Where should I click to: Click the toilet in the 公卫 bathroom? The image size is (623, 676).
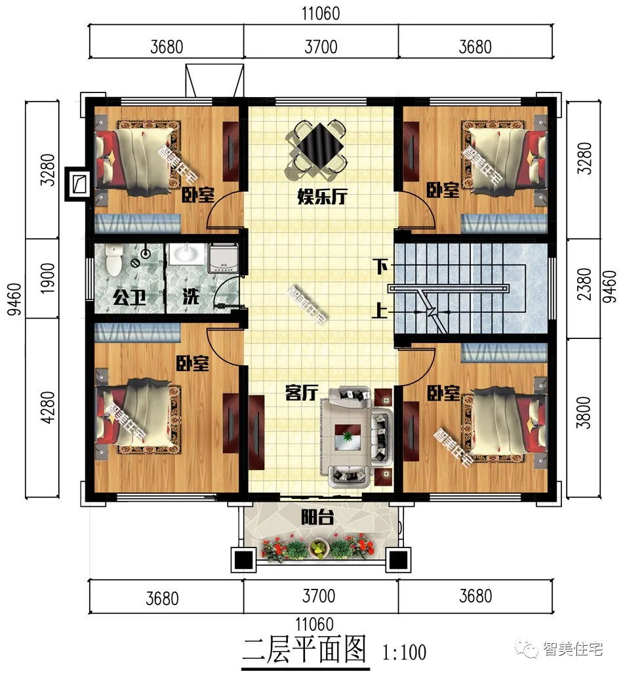tap(113, 260)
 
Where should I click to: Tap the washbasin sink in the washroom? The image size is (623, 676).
tap(186, 254)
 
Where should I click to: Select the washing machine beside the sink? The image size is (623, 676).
tap(223, 258)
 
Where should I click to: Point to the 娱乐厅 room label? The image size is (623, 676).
tap(323, 197)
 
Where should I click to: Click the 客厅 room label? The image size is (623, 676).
tap(302, 393)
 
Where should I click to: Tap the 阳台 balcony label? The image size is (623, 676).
tap(317, 517)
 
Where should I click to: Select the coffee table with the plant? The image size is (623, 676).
tap(348, 436)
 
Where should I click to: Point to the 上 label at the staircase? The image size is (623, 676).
tap(380, 310)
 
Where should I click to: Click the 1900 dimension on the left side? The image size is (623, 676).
tap(48, 279)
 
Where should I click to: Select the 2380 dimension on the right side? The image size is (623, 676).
tap(584, 284)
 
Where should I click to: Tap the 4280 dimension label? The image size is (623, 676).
tap(48, 407)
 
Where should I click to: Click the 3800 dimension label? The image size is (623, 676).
tap(584, 412)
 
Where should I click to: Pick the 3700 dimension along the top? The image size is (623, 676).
tap(321, 47)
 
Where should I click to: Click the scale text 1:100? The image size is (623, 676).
tap(405, 652)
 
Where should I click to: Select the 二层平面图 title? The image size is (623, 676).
tap(304, 649)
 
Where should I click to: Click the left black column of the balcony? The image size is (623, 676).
tap(243, 560)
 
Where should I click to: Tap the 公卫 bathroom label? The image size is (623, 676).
tap(129, 297)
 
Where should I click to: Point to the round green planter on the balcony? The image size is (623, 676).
tap(319, 549)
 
